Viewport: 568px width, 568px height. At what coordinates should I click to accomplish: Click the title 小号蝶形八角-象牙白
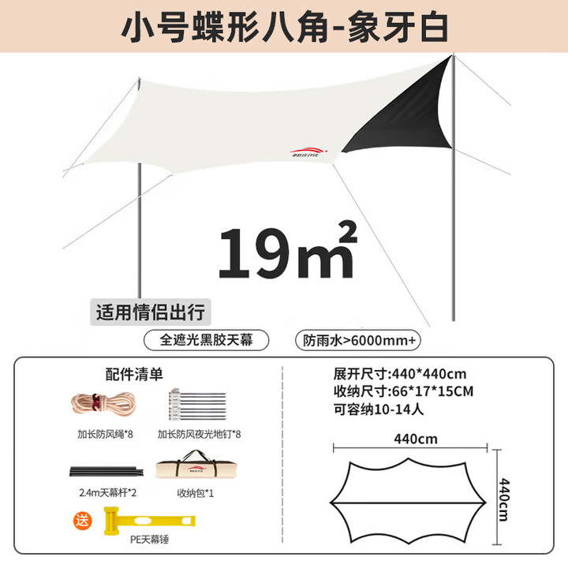click(x=285, y=26)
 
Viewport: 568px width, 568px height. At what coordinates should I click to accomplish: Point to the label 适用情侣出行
click(x=150, y=311)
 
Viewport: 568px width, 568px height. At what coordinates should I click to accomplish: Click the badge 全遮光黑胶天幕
click(x=206, y=340)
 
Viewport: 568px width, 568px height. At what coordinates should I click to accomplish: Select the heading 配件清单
click(x=134, y=372)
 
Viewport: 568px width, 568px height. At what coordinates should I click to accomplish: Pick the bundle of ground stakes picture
click(x=198, y=405)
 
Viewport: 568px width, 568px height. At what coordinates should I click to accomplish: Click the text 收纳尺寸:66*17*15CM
click(x=403, y=391)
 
